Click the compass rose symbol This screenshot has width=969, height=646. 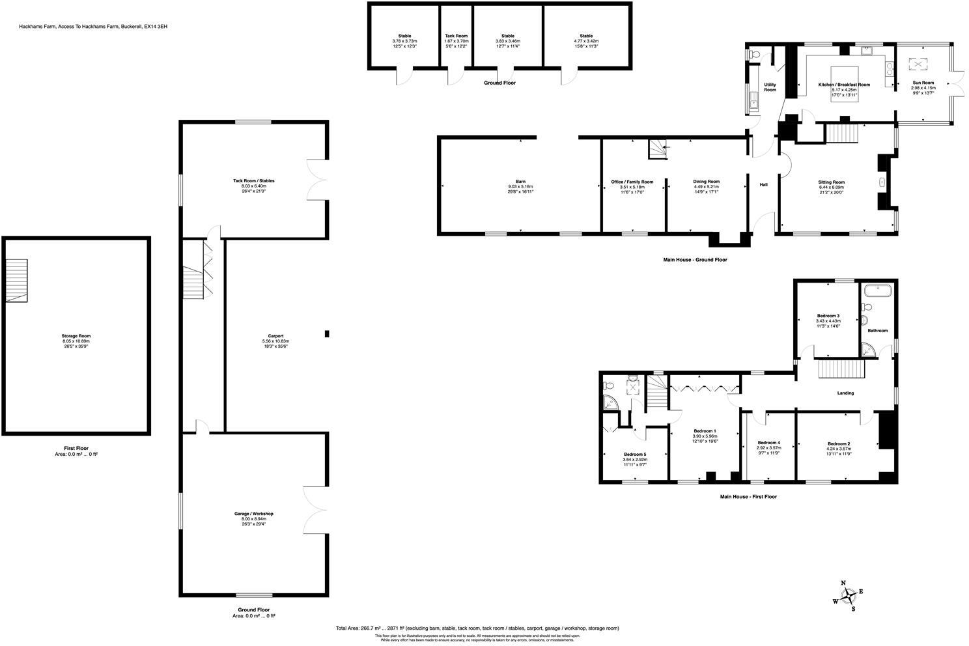849,595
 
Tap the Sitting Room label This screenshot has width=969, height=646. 831,182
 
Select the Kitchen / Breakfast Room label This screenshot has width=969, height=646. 844,85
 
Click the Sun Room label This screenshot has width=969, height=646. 923,83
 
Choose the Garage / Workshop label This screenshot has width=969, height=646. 254,514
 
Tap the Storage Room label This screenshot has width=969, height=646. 76,336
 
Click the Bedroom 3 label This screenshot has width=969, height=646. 828,316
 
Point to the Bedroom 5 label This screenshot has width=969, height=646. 634,454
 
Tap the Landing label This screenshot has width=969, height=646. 845,393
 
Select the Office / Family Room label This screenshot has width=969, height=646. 632,182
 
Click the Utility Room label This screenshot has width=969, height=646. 770,87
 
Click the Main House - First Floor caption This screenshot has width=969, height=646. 748,497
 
